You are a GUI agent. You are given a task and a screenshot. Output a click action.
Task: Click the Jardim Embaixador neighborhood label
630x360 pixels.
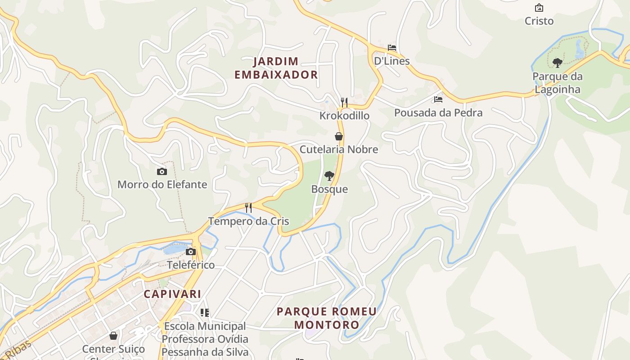(276, 68)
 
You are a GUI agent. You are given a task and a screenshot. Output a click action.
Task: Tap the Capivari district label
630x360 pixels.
(172, 294)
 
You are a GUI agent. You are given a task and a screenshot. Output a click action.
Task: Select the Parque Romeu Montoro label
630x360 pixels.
(327, 318)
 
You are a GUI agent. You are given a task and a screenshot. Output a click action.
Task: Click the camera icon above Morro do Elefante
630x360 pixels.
(162, 171)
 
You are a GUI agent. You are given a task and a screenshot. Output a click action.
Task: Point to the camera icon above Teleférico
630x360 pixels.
(191, 252)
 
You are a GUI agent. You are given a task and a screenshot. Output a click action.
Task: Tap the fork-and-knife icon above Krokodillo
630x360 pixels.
(344, 103)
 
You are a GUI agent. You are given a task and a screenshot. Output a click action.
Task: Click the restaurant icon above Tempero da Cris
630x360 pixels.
(248, 208)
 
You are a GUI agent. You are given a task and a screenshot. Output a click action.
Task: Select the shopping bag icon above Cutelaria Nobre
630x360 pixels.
(339, 136)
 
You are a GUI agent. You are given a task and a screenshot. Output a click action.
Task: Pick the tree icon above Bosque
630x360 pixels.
(329, 176)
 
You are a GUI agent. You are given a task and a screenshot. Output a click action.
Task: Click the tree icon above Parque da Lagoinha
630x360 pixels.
(558, 63)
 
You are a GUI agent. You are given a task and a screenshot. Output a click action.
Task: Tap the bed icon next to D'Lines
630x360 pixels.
(392, 48)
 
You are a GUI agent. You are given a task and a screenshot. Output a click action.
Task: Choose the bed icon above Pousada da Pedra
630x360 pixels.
(438, 99)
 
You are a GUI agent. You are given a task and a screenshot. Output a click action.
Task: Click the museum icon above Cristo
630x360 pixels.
(539, 8)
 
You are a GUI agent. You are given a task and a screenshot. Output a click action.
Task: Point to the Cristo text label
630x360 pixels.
(539, 21)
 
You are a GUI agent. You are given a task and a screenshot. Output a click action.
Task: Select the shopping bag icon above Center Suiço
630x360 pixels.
(113, 336)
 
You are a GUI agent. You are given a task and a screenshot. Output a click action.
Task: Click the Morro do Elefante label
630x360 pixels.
(162, 184)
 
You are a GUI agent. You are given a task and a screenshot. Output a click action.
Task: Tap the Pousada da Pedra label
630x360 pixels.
(438, 112)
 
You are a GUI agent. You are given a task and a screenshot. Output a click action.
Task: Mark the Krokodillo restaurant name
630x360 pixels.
(344, 116)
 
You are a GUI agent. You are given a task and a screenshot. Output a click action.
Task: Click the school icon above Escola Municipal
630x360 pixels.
(205, 312)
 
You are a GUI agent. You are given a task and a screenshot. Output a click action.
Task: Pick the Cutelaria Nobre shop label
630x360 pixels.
(339, 149)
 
